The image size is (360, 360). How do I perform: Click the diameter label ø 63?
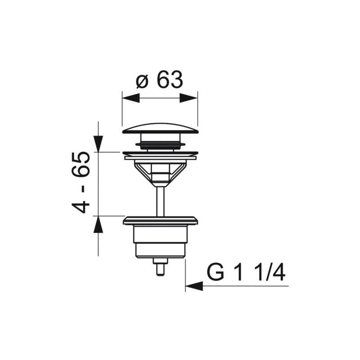point(159,80)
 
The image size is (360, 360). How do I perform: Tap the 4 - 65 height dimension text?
point(81,182)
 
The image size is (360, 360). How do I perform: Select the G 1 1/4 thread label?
point(246,273)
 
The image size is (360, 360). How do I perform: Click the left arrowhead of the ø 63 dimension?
point(131,98)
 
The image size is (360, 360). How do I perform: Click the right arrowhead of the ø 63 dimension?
point(189,98)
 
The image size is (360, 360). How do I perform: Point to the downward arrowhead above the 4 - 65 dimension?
point(98,144)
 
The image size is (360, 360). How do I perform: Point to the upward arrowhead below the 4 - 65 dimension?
point(98,224)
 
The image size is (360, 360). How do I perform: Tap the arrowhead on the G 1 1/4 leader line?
point(194,286)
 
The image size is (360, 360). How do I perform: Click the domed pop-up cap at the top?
point(160,128)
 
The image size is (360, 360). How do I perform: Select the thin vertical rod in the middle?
point(160,202)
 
